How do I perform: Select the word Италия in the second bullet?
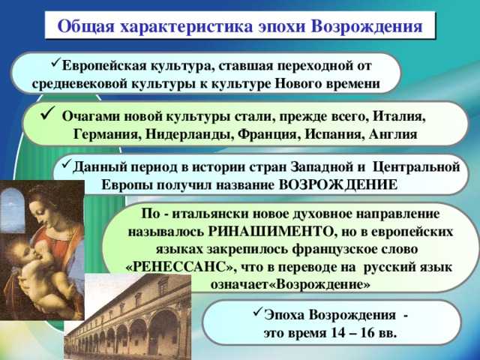(399, 117)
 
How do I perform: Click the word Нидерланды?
(189, 134)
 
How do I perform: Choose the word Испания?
(334, 134)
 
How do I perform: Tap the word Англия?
(393, 134)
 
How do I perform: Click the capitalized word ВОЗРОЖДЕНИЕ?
(338, 184)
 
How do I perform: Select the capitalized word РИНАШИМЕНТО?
(270, 232)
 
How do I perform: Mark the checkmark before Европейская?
(56, 63)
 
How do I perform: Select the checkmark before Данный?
(67, 163)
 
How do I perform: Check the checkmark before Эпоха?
(258, 312)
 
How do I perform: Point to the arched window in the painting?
(12, 210)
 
